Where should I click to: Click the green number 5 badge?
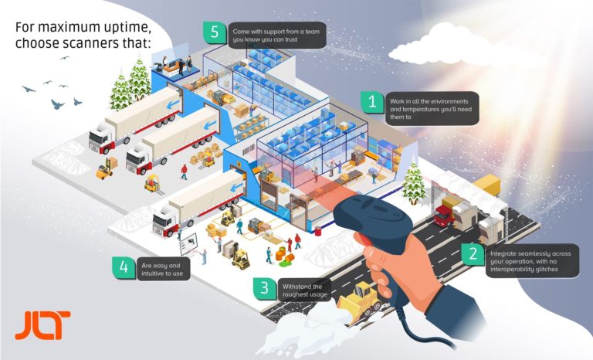click(215, 32)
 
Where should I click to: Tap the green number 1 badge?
click(372, 102)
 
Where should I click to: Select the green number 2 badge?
click(473, 254)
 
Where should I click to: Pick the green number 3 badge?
click(265, 288)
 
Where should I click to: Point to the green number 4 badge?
click(124, 267)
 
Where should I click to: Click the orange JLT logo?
click(42, 325)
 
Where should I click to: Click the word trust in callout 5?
click(290, 39)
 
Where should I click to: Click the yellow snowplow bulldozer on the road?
click(360, 301)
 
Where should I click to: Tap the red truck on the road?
click(444, 216)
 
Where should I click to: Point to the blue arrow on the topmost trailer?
click(174, 104)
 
